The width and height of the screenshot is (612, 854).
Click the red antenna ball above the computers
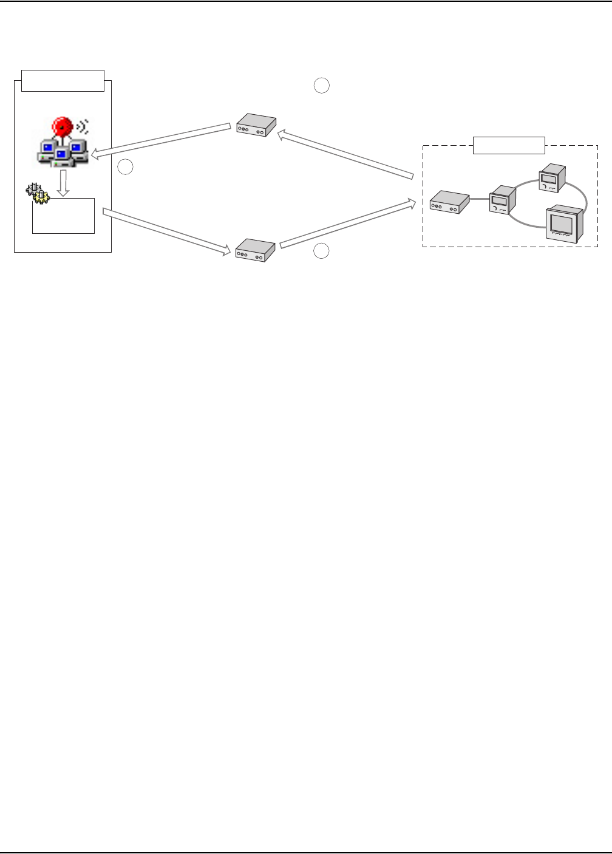(61, 126)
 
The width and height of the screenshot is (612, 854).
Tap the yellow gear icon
(41, 196)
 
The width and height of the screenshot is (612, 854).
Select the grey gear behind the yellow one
(32, 190)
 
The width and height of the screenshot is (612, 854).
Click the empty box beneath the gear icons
(64, 216)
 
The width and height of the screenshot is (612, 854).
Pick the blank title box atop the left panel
(63, 80)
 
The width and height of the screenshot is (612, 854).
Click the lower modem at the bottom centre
(255, 250)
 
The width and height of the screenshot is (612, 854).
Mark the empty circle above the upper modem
(322, 86)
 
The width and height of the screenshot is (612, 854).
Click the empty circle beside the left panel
(125, 167)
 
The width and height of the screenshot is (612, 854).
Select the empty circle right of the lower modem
(322, 251)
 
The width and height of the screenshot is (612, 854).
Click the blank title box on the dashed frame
(509, 145)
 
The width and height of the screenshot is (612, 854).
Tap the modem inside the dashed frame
(450, 202)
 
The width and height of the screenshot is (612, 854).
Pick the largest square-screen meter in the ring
(565, 224)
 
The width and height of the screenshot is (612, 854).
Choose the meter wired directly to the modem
(503, 199)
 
